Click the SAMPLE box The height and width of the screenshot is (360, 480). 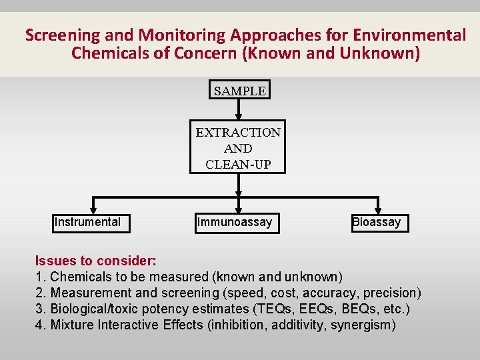click(x=240, y=91)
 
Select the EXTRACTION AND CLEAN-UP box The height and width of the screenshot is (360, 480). click(x=238, y=148)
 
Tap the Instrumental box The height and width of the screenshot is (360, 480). click(x=91, y=222)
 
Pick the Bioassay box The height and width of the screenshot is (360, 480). click(x=379, y=222)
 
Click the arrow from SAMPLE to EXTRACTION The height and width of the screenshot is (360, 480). click(x=239, y=111)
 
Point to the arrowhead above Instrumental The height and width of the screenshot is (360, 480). click(x=93, y=209)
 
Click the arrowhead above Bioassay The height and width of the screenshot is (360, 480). click(x=379, y=209)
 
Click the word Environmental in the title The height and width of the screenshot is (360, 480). click(x=408, y=35)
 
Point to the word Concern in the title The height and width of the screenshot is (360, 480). click(x=205, y=53)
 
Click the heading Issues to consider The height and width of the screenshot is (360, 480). click(x=96, y=261)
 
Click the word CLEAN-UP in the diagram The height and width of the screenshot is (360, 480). click(x=238, y=164)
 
